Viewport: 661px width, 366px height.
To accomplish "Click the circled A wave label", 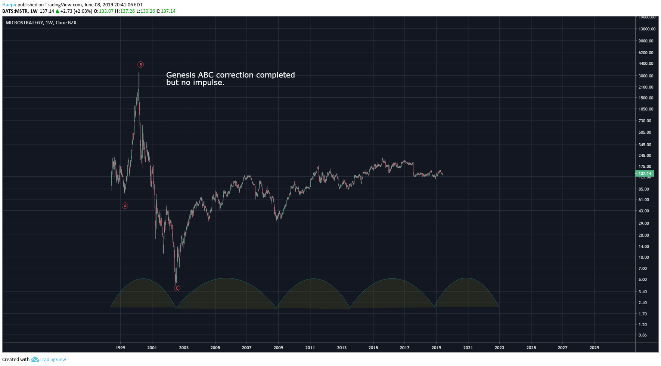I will tap(125, 206).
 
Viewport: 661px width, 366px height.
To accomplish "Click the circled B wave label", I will tap(140, 65).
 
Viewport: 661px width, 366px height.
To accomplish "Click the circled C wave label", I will tap(177, 288).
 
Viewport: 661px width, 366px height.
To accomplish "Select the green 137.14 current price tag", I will tap(645, 174).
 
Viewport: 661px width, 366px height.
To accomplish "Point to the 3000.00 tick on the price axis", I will tap(646, 76).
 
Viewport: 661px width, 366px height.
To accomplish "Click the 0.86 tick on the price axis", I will tap(642, 335).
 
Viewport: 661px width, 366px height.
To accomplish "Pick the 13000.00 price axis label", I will tap(647, 29).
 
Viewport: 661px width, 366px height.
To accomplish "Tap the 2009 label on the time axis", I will tap(278, 348).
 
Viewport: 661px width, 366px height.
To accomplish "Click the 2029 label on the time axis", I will tap(594, 348).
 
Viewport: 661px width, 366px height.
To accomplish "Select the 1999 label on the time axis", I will tap(120, 348).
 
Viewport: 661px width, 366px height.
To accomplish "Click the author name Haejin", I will tap(9, 5).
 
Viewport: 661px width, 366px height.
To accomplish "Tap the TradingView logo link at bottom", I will tap(49, 360).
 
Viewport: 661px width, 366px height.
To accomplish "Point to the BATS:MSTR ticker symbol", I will tap(15, 11).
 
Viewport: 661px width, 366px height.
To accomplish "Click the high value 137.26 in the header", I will tap(127, 11).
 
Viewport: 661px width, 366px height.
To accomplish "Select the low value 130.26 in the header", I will tap(148, 11).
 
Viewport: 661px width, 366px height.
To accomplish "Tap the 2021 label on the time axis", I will tap(468, 348).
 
